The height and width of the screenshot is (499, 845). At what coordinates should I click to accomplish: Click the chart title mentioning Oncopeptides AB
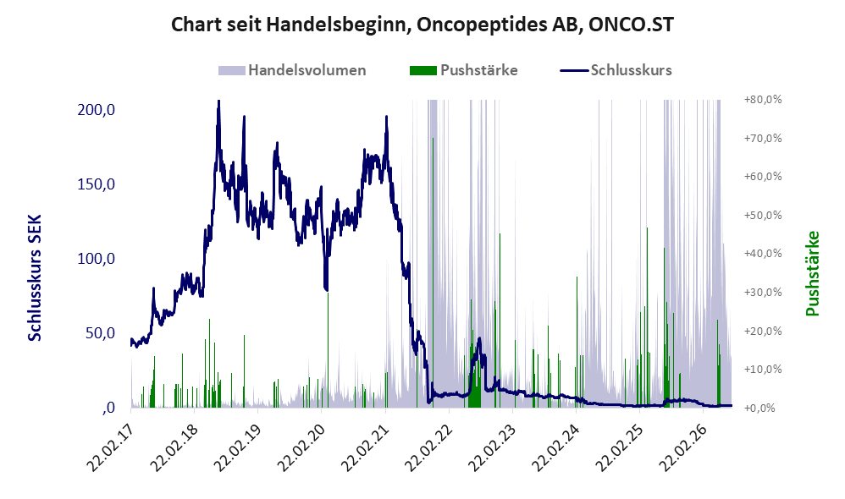pyautogui.click(x=422, y=25)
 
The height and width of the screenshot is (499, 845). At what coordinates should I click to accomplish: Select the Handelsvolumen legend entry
pyautogui.click(x=292, y=70)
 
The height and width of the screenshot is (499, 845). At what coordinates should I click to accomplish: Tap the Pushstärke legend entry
pyautogui.click(x=463, y=70)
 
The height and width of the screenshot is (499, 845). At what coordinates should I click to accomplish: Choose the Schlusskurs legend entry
pyautogui.click(x=616, y=70)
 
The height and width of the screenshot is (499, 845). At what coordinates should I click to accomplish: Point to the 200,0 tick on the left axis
pyautogui.click(x=97, y=110)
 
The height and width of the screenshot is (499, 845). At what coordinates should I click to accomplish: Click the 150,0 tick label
pyautogui.click(x=97, y=184)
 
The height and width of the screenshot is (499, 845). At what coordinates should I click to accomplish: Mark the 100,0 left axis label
pyautogui.click(x=97, y=259)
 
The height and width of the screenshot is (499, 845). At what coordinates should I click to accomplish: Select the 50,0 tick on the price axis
pyautogui.click(x=100, y=333)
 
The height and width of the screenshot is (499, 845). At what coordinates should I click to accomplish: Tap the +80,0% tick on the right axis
pyautogui.click(x=763, y=100)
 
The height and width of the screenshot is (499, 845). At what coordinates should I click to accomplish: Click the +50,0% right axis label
pyautogui.click(x=763, y=216)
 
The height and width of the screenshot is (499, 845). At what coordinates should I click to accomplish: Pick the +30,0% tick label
pyautogui.click(x=763, y=293)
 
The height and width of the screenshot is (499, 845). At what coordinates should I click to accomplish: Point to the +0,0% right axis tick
pyautogui.click(x=759, y=408)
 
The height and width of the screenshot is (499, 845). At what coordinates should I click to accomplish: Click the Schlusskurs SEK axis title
pyautogui.click(x=35, y=277)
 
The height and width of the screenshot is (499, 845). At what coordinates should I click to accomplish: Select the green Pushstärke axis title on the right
pyautogui.click(x=812, y=273)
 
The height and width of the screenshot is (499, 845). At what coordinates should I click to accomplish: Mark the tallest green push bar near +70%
pyautogui.click(x=432, y=271)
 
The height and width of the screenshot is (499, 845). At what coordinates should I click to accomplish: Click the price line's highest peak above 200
pyautogui.click(x=218, y=101)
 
